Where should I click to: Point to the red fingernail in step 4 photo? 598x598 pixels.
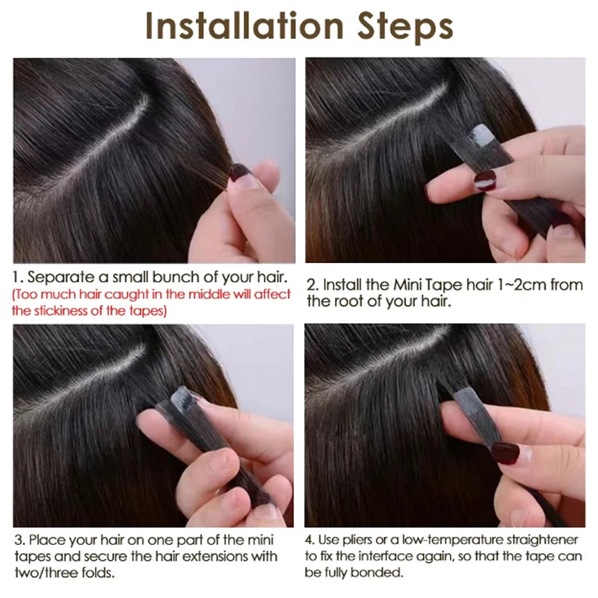[x=505, y=454]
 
